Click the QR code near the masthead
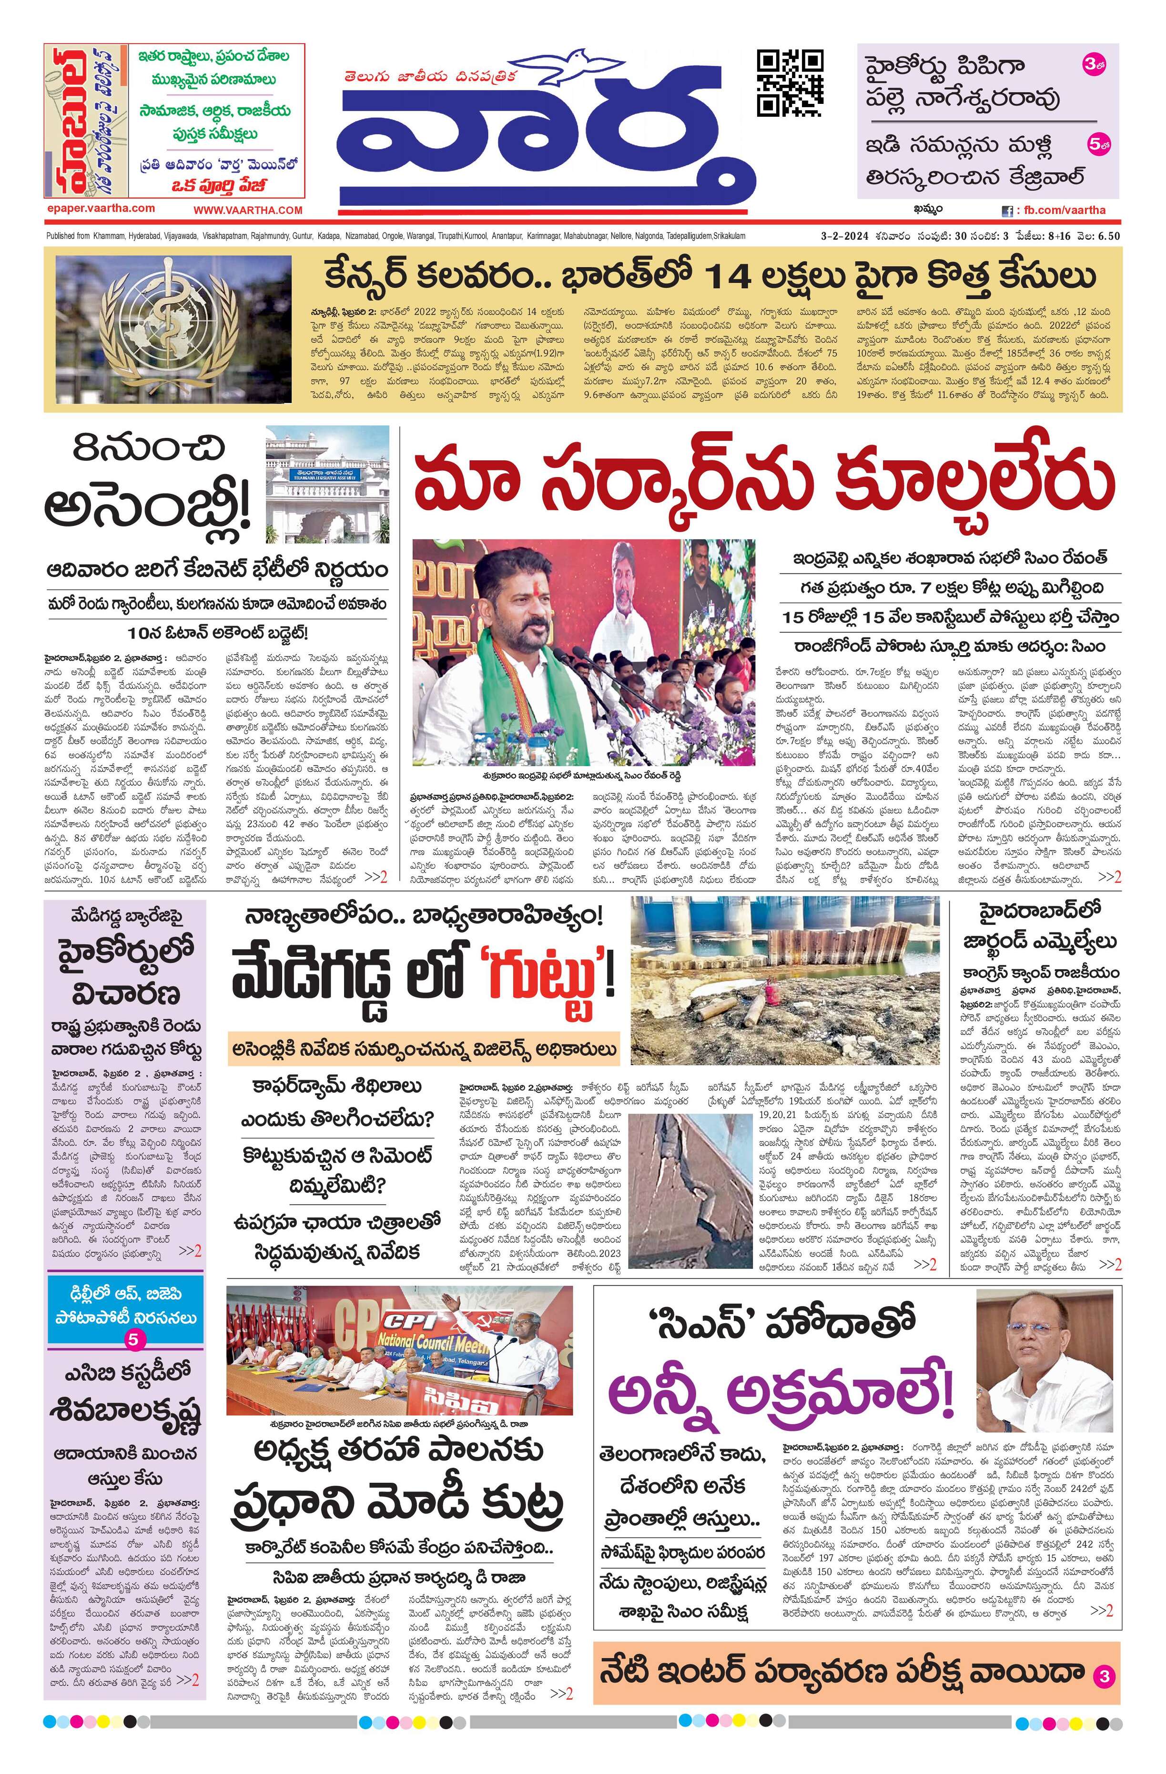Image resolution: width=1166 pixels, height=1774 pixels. click(790, 83)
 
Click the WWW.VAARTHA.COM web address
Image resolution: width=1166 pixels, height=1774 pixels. click(248, 210)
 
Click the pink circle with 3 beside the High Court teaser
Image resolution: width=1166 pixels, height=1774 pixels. click(1094, 66)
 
